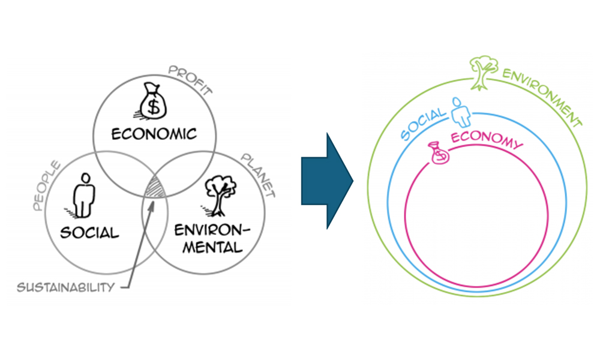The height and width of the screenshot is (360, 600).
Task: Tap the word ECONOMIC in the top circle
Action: (154, 133)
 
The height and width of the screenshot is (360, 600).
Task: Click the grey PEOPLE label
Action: (46, 186)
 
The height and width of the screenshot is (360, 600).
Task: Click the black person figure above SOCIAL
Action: (85, 195)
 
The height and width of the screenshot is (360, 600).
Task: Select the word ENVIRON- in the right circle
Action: (210, 229)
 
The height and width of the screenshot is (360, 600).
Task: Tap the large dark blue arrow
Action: (326, 181)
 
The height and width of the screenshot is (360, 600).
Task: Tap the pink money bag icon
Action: (439, 154)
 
